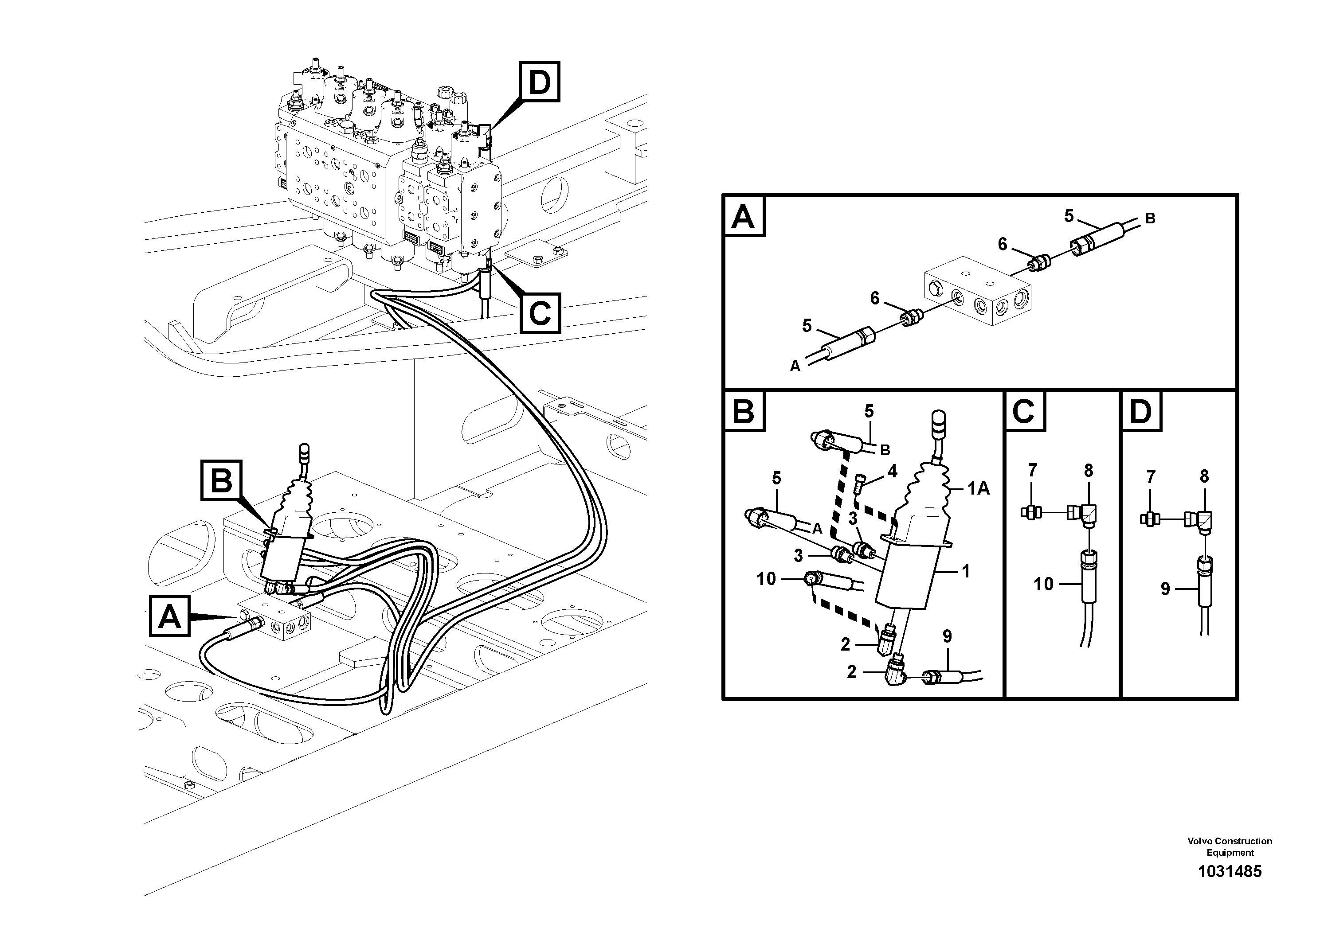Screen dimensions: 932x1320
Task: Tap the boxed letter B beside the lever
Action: (221, 480)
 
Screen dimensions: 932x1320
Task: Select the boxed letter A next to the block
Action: (169, 616)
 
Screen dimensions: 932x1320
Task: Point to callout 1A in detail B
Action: (978, 488)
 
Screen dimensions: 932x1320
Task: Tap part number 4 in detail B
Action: (892, 471)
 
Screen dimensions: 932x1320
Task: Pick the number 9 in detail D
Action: (1165, 589)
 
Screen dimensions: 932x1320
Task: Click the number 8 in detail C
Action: (1088, 471)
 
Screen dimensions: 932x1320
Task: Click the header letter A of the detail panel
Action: (744, 217)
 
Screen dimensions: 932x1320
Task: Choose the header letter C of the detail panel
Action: (1024, 411)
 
